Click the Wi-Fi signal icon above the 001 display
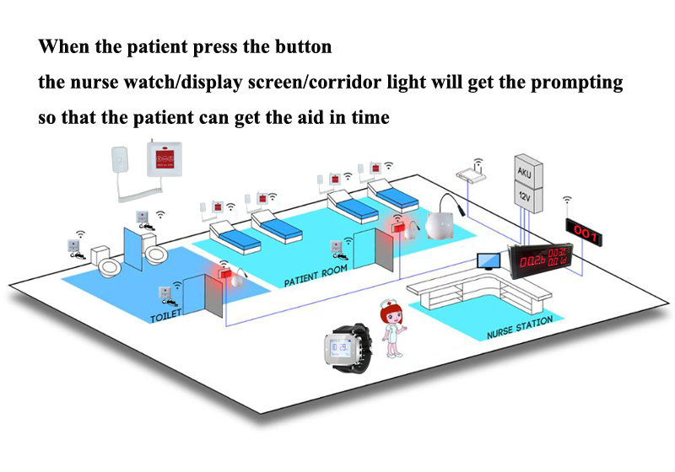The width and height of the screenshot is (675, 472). [568, 202]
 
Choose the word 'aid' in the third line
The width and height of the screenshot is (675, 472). [305, 118]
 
